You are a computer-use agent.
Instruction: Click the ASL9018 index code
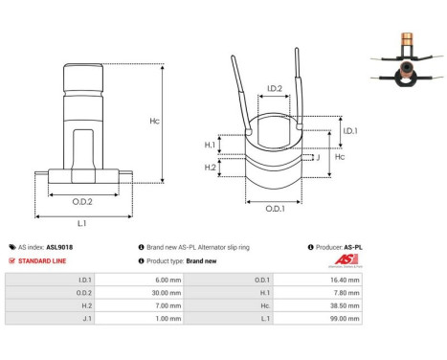point(59,246)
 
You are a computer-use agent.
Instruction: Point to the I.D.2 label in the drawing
point(274,89)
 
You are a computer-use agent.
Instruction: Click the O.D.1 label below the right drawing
point(274,208)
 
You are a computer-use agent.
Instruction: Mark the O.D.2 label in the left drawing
point(81,201)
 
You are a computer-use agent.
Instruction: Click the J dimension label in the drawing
point(317,159)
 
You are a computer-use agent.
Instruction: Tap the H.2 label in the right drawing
point(211,168)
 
